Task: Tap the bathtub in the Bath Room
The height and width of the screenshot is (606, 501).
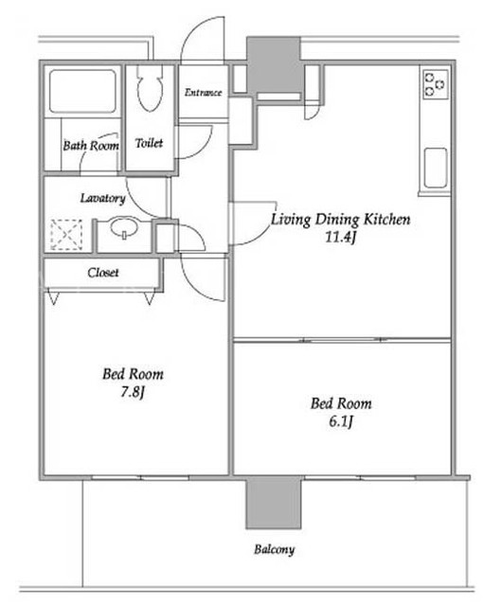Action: point(82,91)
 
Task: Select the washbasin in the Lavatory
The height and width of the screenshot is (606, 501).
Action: point(124,228)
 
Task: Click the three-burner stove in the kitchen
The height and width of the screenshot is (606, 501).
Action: point(436,84)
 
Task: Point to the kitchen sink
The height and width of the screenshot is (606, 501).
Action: point(436,169)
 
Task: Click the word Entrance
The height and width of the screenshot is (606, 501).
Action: point(203,93)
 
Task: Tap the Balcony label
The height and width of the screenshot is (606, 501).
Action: point(274,549)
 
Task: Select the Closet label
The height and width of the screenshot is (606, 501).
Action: point(103,273)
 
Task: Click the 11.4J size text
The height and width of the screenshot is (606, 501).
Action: point(340,237)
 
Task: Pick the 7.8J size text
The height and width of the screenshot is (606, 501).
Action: point(133,392)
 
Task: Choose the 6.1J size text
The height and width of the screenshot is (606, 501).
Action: point(341,421)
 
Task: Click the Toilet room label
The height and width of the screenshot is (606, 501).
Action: point(149,143)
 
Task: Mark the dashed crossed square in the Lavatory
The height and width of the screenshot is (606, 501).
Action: point(66,235)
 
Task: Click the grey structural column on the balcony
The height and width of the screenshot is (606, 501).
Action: point(274,504)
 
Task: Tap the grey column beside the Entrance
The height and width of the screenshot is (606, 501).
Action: point(274,64)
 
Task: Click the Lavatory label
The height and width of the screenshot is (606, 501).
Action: point(103,198)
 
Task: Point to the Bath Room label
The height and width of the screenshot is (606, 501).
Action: point(91,146)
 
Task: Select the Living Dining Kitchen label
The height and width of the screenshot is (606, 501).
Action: point(340,219)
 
